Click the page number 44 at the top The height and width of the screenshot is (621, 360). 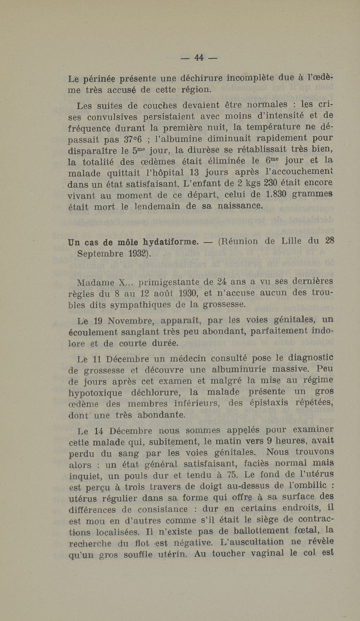click(x=199, y=57)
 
